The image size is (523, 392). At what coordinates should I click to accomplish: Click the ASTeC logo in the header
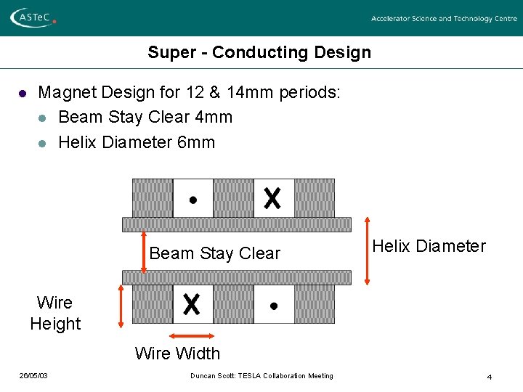[33, 17]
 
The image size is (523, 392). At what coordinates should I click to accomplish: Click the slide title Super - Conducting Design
[259, 52]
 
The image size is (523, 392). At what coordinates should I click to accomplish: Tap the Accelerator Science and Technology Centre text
[444, 19]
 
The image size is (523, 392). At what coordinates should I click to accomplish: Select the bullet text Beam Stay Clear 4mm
[145, 117]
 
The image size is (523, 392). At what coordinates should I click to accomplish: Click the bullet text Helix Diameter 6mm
[137, 142]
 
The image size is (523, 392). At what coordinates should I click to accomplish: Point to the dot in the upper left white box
[192, 200]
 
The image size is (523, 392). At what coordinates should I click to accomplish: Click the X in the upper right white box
[272, 198]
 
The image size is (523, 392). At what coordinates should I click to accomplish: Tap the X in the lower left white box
[192, 304]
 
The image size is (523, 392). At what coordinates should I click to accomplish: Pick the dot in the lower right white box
[273, 306]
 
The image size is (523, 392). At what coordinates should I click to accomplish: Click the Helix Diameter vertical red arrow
[367, 250]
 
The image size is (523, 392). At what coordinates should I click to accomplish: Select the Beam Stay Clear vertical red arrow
[144, 252]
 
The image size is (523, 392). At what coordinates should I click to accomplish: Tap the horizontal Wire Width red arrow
[192, 335]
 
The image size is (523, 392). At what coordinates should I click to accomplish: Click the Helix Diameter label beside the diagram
[429, 246]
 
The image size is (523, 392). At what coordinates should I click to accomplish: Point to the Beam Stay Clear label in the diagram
[214, 253]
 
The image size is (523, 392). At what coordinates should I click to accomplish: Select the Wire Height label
[55, 313]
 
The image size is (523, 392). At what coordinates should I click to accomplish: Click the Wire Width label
[177, 354]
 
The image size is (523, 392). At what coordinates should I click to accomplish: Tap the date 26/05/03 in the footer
[33, 375]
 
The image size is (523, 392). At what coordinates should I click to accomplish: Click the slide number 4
[490, 377]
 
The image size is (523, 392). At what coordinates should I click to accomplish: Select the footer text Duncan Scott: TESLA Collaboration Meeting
[261, 375]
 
